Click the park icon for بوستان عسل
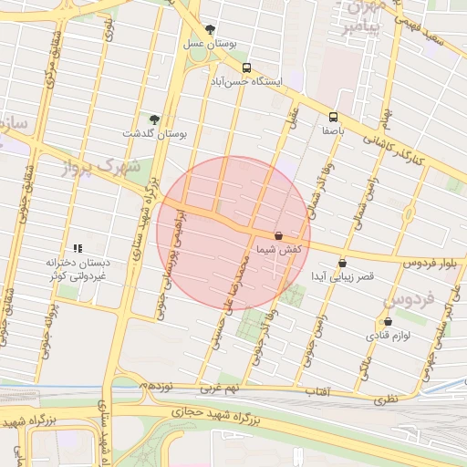[x=211, y=29]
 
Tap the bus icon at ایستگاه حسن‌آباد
[x=246, y=67]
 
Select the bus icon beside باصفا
[x=333, y=117]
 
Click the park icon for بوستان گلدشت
[x=154, y=119]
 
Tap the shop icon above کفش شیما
[x=278, y=234]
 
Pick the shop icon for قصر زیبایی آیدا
[x=342, y=263]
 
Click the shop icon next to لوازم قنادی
[x=389, y=321]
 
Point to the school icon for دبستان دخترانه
[x=78, y=247]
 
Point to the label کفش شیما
[x=279, y=248]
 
